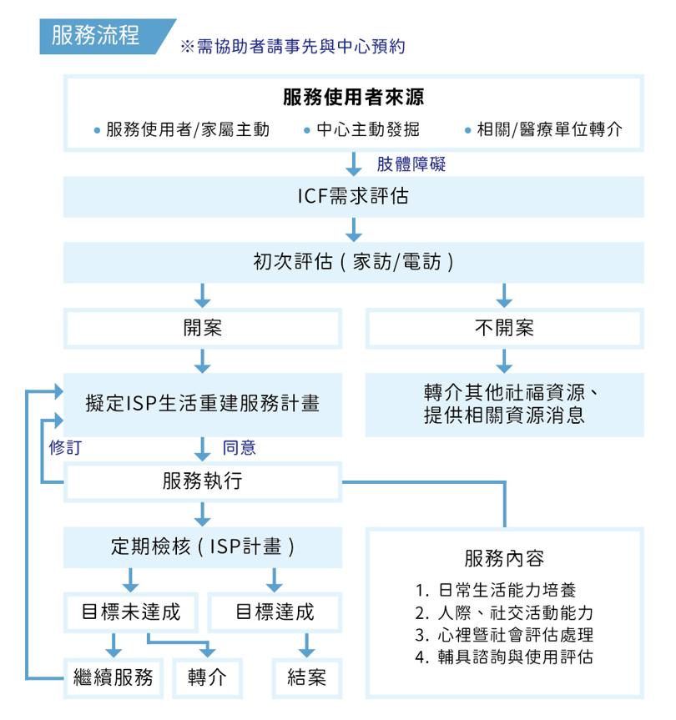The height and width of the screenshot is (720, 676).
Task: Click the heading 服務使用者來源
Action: coord(353,98)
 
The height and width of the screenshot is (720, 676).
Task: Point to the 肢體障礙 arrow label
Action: coord(411,164)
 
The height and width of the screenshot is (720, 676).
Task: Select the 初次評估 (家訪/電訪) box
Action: coord(353,262)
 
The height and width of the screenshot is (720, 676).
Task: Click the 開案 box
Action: coord(203,327)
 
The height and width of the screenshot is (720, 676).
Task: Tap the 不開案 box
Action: coord(504,327)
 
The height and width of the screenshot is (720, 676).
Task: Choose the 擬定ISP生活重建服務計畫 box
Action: coord(203,404)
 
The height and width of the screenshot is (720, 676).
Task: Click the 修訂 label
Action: coord(65,447)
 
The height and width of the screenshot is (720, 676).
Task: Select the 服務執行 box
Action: coord(203,481)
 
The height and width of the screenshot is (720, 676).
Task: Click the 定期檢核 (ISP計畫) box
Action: coord(203,546)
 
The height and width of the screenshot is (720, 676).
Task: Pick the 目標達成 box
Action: coord(275,612)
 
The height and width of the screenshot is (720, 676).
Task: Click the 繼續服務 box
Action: coord(114,677)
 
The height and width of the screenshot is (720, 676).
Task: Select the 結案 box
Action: coord(306,677)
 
